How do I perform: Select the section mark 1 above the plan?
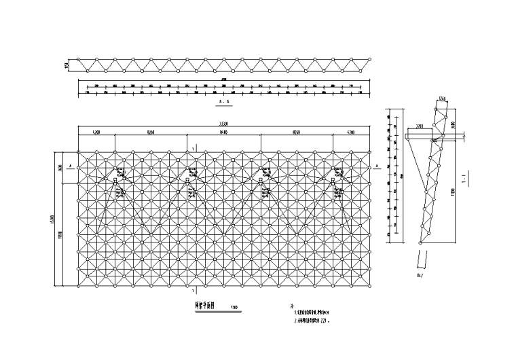coord(194,147)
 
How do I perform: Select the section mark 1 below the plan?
coord(194,290)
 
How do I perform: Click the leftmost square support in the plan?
coord(115,181)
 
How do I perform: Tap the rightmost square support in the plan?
coord(332,181)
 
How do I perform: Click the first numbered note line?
coord(313,314)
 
